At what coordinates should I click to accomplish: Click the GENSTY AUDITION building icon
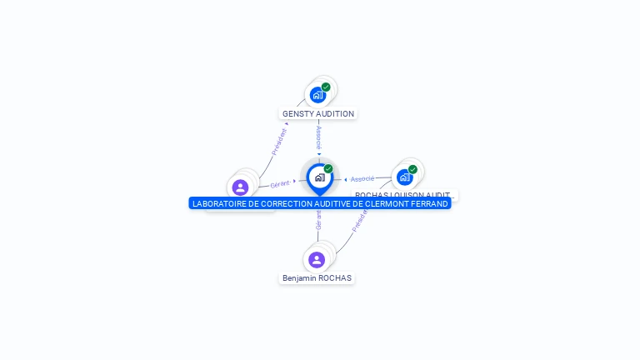coord(317,95)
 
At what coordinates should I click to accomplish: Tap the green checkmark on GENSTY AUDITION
coord(326,87)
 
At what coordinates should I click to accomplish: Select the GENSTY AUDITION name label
coord(318,114)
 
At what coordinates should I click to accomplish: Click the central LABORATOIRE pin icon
coord(319,177)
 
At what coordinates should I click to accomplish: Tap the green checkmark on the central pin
coord(328,169)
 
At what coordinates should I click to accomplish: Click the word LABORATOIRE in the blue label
coord(219,203)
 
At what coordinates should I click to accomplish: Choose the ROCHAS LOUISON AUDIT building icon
coord(405,177)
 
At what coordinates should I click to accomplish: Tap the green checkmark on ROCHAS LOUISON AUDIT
coord(412,169)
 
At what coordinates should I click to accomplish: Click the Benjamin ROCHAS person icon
coord(317,259)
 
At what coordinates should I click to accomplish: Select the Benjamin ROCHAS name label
coord(317,278)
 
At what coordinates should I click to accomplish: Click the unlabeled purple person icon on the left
coord(241,187)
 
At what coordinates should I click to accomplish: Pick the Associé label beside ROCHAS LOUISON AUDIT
coord(362,179)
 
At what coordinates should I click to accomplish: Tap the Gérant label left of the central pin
coord(280,183)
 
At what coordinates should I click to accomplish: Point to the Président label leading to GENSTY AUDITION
coord(279,142)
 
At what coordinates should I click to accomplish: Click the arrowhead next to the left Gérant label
coord(294,181)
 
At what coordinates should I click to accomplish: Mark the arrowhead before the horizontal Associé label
coord(346,179)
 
